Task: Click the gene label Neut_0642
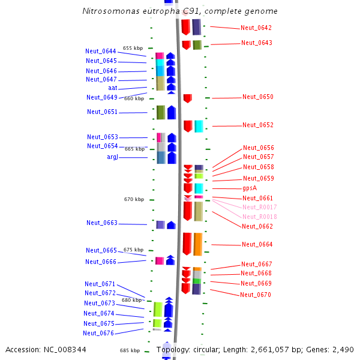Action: click(256, 28)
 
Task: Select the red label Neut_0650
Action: click(257, 97)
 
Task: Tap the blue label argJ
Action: click(112, 157)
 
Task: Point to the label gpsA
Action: click(250, 188)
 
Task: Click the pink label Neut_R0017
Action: click(259, 208)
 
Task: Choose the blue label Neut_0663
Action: click(101, 223)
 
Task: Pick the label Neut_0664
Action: click(257, 245)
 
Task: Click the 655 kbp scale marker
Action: click(133, 48)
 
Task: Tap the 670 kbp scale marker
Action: click(134, 200)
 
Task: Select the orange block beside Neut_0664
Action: click(198, 244)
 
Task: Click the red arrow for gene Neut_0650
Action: click(187, 98)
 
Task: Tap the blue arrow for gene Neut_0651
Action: click(172, 112)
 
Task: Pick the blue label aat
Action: click(112, 88)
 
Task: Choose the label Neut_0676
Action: click(98, 334)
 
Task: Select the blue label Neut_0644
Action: click(101, 52)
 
